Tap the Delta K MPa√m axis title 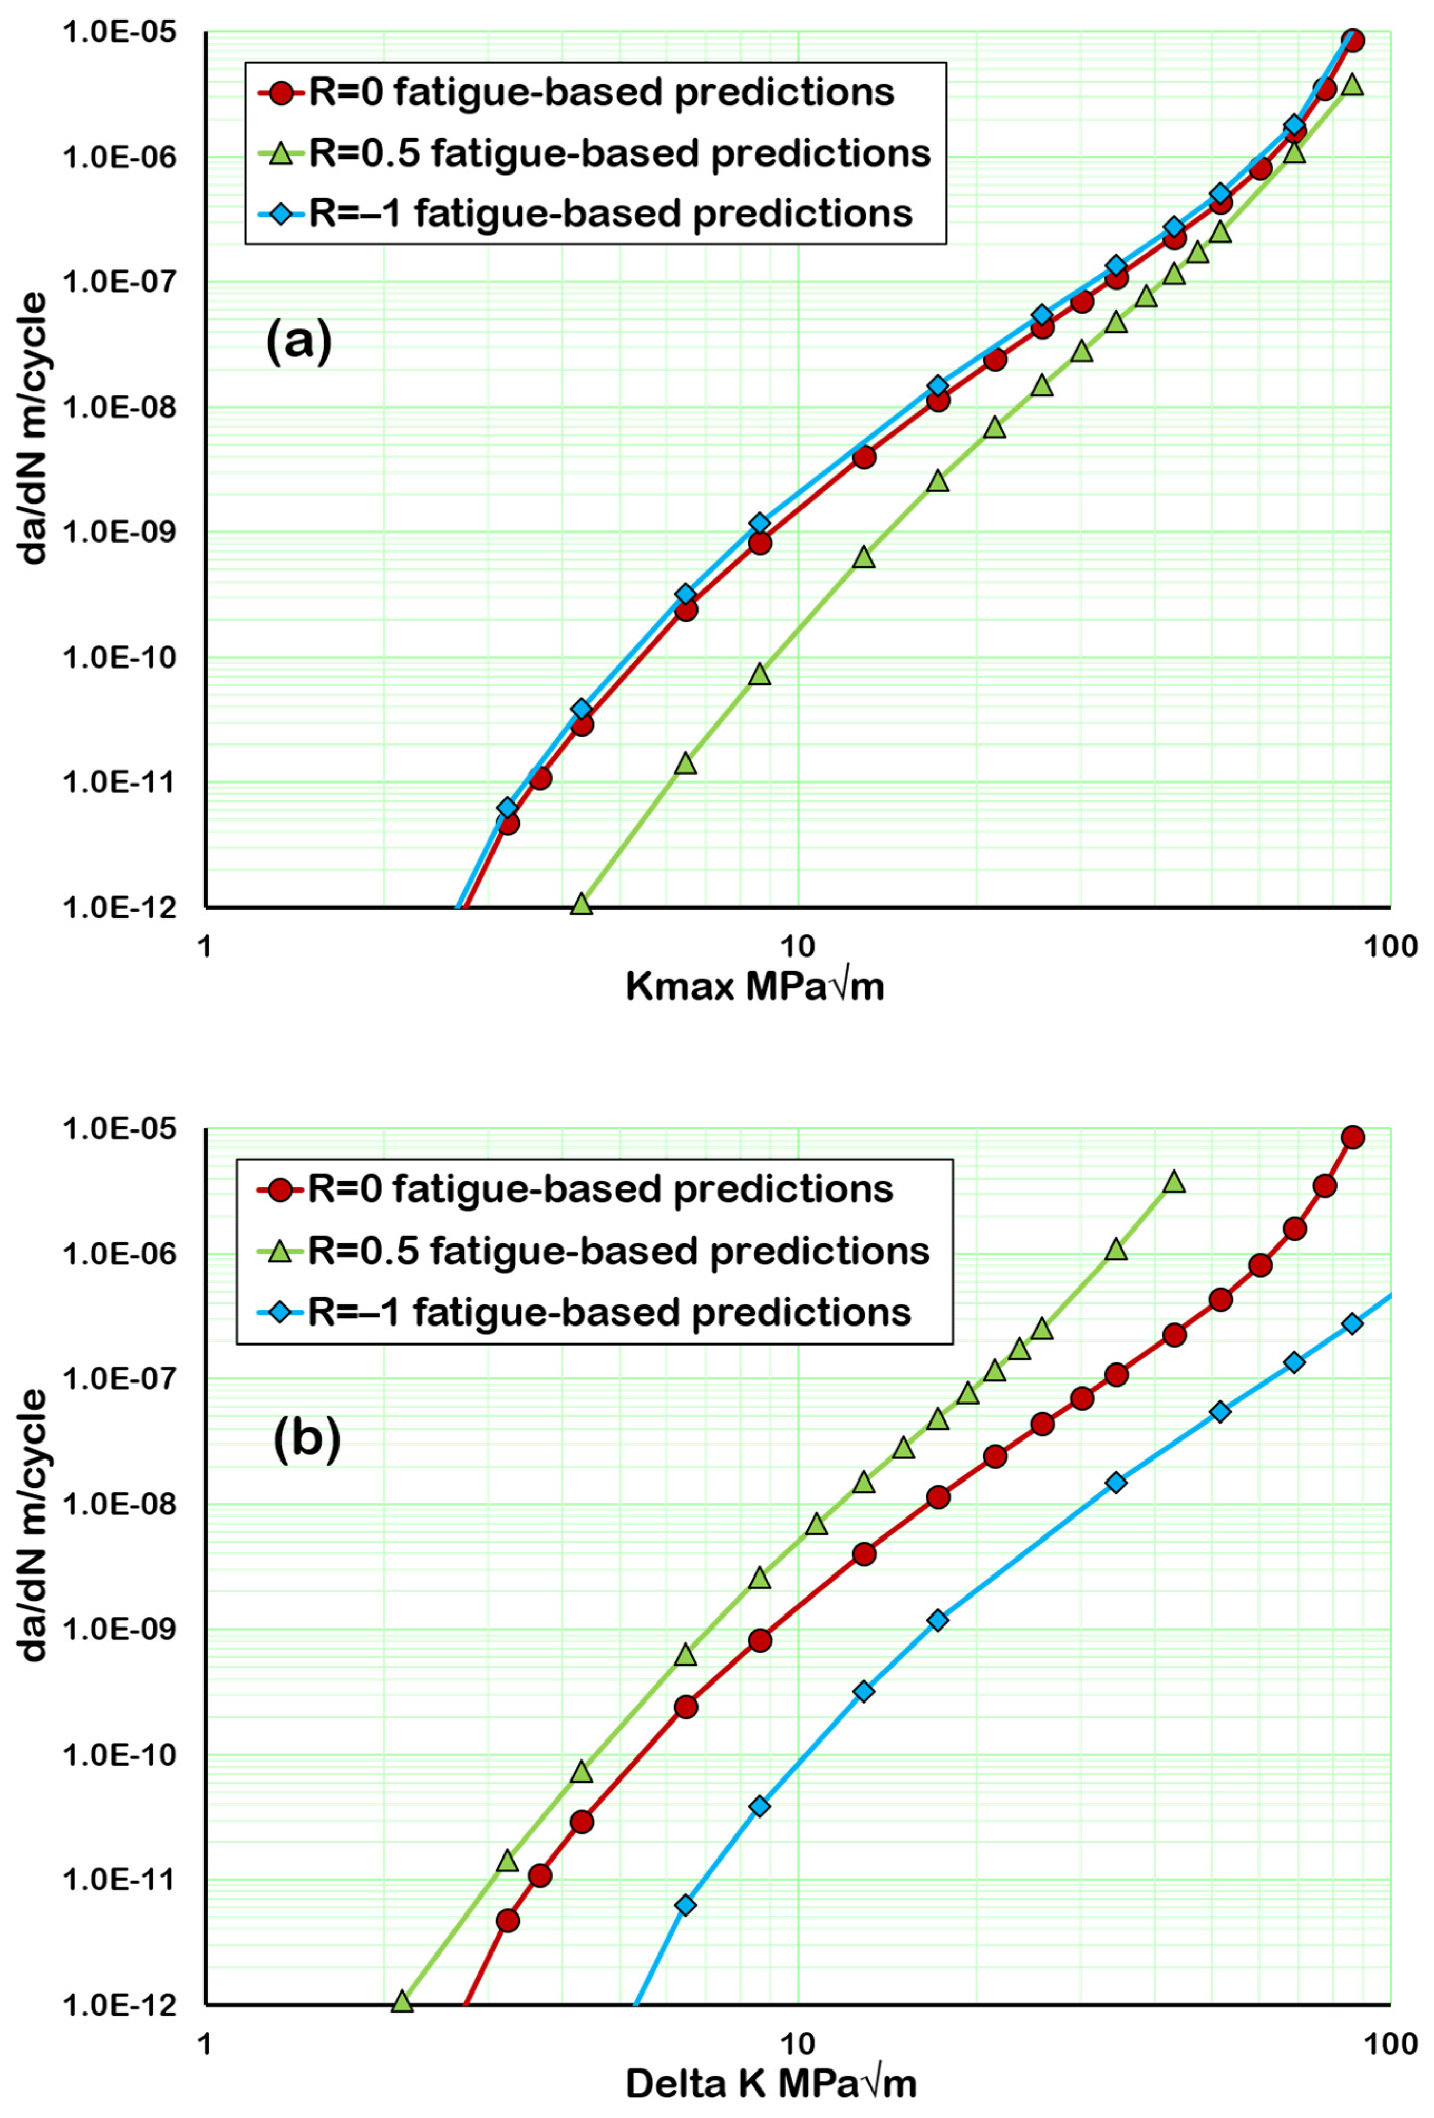[771, 2083]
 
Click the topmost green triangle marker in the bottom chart [1174, 1181]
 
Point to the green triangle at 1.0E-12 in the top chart [582, 904]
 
